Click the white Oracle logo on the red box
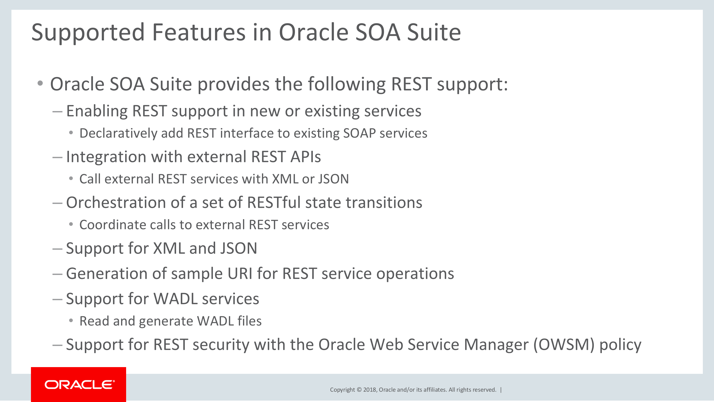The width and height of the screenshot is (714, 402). [79, 385]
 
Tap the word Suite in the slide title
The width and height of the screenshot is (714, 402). [434, 33]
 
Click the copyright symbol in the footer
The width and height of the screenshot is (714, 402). [359, 390]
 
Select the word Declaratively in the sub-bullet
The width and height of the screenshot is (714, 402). [119, 133]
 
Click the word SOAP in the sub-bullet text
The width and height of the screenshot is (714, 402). [359, 133]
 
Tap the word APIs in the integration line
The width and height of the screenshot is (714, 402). [306, 157]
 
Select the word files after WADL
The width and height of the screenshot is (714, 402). [250, 321]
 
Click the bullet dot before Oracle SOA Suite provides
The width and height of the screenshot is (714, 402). [40, 83]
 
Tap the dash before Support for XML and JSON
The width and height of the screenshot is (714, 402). [57, 249]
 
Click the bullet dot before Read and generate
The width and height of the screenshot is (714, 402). [71, 321]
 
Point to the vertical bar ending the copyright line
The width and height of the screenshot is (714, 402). [501, 390]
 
